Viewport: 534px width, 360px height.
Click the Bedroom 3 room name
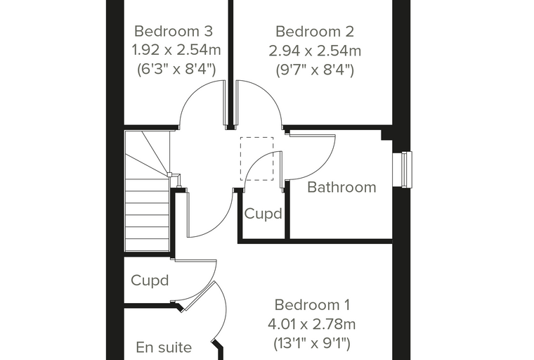click(174, 32)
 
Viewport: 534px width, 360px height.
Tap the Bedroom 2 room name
click(315, 32)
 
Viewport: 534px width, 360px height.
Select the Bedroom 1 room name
click(312, 304)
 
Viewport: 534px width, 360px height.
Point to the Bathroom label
click(341, 187)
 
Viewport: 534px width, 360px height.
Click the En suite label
click(164, 347)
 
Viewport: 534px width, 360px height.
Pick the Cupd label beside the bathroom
click(263, 214)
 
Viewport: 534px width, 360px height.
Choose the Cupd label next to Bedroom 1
click(150, 281)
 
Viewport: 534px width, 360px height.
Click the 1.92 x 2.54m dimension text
click(176, 51)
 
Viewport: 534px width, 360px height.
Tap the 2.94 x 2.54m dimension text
click(315, 51)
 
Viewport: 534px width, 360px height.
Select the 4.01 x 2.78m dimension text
click(311, 324)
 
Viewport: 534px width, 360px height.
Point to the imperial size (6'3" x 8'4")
click(176, 70)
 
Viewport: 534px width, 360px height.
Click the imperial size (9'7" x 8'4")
click(315, 70)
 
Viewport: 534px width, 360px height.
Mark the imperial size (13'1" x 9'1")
click(312, 343)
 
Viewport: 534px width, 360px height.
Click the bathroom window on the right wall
click(402, 169)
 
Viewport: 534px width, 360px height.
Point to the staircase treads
click(147, 191)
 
